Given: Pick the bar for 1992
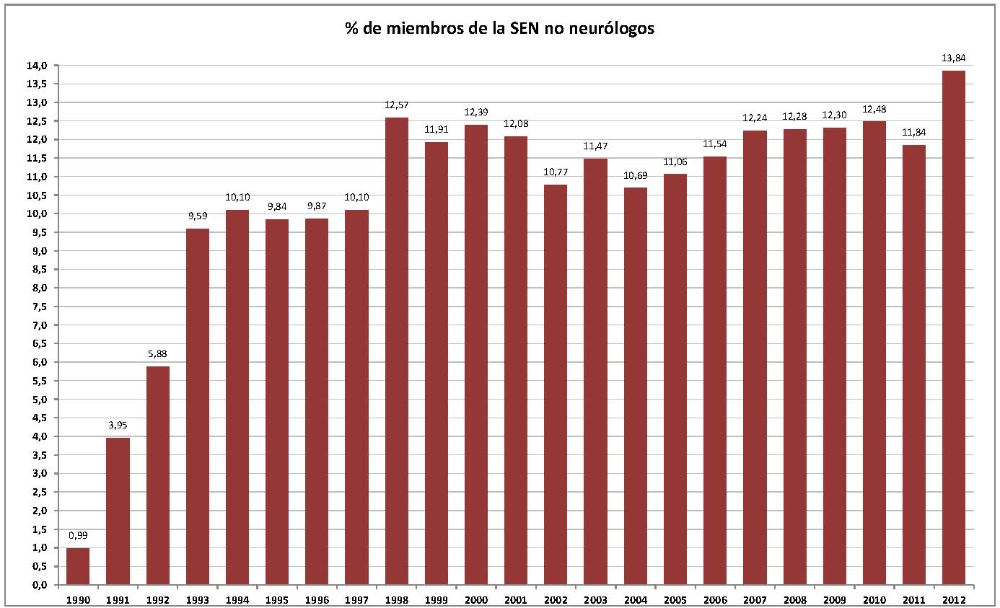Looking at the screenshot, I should pos(157,475).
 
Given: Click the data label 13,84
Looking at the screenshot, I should pos(953,58).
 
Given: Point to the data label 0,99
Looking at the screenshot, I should pos(78,535).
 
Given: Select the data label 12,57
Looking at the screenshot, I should pos(396,105).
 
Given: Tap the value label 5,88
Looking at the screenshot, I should pos(157,353).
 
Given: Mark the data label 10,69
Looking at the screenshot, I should pos(635,175).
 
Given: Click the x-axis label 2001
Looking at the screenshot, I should pos(516,599).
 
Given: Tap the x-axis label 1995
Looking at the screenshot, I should pos(277,599).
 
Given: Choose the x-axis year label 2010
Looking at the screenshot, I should pos(874,599).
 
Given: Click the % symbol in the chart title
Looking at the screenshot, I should pos(351,30).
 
